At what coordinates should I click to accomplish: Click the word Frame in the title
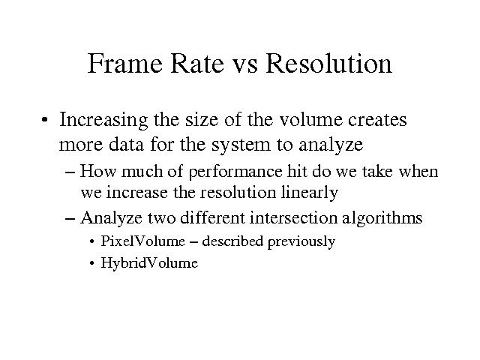[125, 63]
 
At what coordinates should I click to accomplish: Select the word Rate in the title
[197, 63]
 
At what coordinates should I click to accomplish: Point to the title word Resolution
[329, 63]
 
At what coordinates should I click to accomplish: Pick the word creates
[377, 120]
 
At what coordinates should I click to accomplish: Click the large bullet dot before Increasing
[45, 120]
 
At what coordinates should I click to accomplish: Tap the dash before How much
[70, 172]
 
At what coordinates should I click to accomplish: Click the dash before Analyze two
[70, 219]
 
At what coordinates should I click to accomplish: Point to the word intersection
[293, 218]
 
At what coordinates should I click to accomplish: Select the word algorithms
[382, 219]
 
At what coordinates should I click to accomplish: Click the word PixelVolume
[143, 241]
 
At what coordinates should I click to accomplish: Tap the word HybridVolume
[149, 263]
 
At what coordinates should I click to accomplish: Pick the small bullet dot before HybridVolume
[92, 263]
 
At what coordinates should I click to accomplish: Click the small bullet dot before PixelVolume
[92, 241]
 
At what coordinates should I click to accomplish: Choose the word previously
[301, 242]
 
